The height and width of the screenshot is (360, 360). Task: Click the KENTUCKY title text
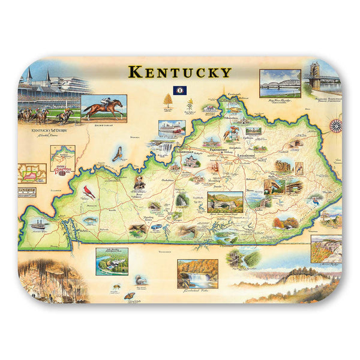[x=179, y=73]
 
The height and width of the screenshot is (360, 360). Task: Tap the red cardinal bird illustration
[x=91, y=191]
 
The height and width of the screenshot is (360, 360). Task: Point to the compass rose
[x=336, y=125]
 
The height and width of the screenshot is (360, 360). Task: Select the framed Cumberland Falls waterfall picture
[x=197, y=273]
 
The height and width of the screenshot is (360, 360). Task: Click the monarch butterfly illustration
[x=128, y=295]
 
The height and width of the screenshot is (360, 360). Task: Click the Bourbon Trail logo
[x=62, y=170]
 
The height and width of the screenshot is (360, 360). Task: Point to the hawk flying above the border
[x=118, y=154]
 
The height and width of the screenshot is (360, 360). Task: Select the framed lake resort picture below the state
[x=112, y=260]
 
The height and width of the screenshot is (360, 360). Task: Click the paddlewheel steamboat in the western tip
[x=38, y=224]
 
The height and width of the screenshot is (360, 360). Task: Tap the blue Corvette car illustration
[x=157, y=227]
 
